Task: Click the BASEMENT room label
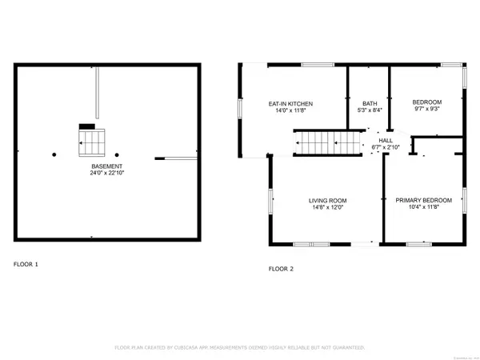point(106,166)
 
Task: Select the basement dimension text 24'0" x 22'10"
point(106,173)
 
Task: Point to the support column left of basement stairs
point(54,154)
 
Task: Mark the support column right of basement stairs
point(117,154)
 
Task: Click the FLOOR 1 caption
point(25,263)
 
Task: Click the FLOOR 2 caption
point(281,269)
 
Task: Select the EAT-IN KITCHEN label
point(290,103)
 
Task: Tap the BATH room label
point(369,103)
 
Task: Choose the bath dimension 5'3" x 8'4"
point(369,110)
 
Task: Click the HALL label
point(385,141)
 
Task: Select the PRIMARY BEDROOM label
point(423,200)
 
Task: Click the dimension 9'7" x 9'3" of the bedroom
point(426,109)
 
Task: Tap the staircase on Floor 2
point(329,145)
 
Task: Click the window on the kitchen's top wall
point(306,64)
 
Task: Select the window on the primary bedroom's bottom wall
point(418,242)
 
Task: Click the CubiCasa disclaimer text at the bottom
point(239,348)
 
